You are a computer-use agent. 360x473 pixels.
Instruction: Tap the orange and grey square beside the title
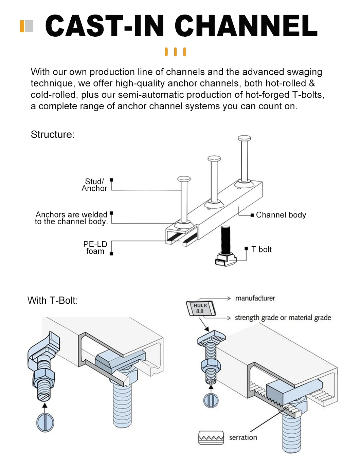click(26, 26)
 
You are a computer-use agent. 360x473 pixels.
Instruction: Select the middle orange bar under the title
click(176, 52)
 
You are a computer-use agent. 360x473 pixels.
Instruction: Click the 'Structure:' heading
click(52, 135)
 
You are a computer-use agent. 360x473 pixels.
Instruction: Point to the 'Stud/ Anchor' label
click(94, 185)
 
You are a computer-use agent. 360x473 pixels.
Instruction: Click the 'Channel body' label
click(281, 215)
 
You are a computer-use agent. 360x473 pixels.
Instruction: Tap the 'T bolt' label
click(262, 250)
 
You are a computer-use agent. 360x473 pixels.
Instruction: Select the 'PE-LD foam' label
click(95, 248)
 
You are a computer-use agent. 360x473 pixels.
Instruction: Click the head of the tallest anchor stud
click(244, 138)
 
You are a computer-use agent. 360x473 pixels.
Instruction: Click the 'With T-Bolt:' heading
click(53, 301)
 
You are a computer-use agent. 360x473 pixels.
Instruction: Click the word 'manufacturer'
click(255, 298)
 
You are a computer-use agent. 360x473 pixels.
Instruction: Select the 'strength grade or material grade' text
click(283, 318)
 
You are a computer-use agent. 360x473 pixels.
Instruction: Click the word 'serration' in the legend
click(243, 438)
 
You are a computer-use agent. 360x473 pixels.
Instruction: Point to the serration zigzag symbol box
click(211, 438)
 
